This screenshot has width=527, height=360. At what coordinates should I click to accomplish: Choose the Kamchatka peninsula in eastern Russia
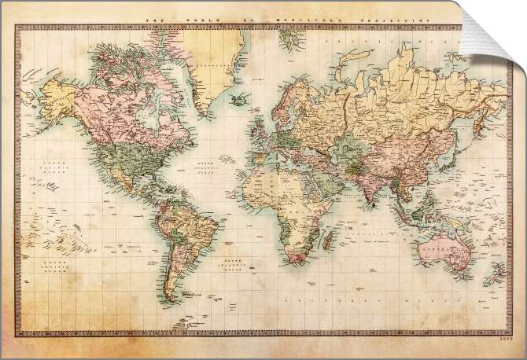[481, 106]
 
